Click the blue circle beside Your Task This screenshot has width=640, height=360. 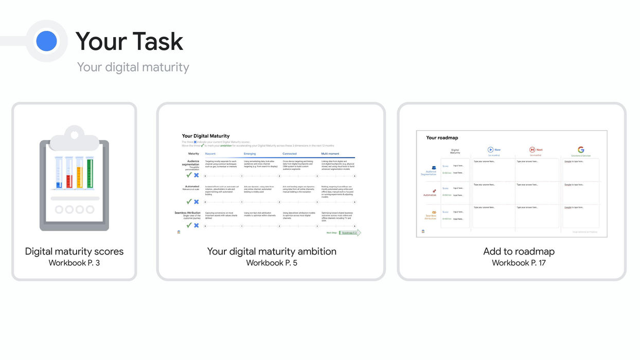(x=46, y=41)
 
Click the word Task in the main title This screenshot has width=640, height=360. (x=158, y=42)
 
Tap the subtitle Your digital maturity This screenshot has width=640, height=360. (x=133, y=67)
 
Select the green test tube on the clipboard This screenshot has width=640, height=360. (x=90, y=173)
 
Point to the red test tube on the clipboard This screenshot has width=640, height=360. (x=69, y=173)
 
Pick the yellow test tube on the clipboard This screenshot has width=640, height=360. (x=80, y=173)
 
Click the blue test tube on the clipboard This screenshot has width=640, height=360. (x=59, y=173)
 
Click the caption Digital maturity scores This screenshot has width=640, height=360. (x=74, y=251)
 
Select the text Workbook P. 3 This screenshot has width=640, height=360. (x=74, y=263)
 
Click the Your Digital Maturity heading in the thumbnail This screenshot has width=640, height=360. (x=206, y=136)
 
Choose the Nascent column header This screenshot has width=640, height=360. (x=210, y=154)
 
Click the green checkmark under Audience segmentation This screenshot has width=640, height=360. (x=189, y=175)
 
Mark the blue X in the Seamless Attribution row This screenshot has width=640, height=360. (x=196, y=225)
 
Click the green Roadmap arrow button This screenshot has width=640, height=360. (x=350, y=233)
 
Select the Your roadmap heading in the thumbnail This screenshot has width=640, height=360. (x=442, y=138)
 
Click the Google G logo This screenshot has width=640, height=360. (x=581, y=150)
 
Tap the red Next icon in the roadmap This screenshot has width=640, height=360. (x=532, y=150)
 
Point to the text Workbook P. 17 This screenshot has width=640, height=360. (x=519, y=263)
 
